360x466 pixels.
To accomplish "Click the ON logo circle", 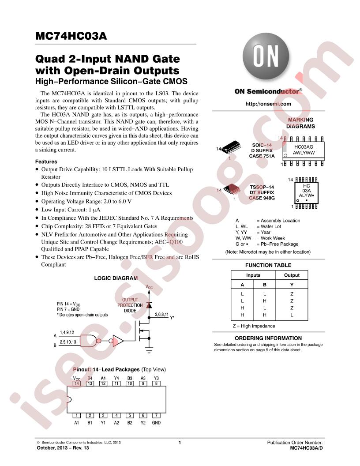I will coord(266,58).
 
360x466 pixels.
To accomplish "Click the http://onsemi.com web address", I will coord(268,104).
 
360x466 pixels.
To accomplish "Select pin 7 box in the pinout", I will coord(156,415).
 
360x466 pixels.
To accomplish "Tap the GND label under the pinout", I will coord(156,423).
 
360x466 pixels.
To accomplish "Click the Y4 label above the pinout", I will coord(116,378).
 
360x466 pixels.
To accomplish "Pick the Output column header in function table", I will coord(292,275).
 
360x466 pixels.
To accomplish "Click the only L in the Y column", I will coord(292,315).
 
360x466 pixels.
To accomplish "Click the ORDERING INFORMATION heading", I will coord(268,338).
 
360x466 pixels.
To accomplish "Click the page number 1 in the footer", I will coord(180,442).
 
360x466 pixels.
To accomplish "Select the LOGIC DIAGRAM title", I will coord(116,278).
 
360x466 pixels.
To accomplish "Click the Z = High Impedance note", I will coord(254,326).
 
